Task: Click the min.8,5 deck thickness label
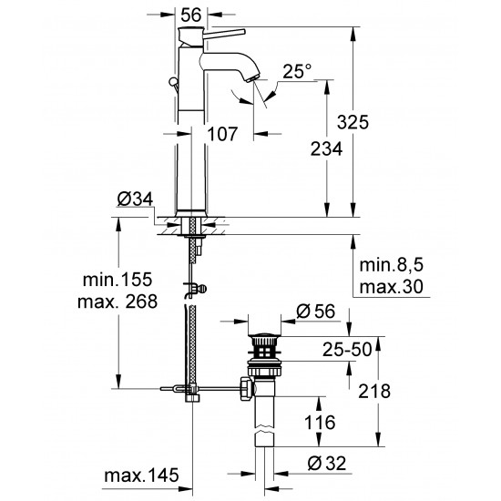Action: click(392, 268)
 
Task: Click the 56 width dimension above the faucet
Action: click(189, 15)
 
